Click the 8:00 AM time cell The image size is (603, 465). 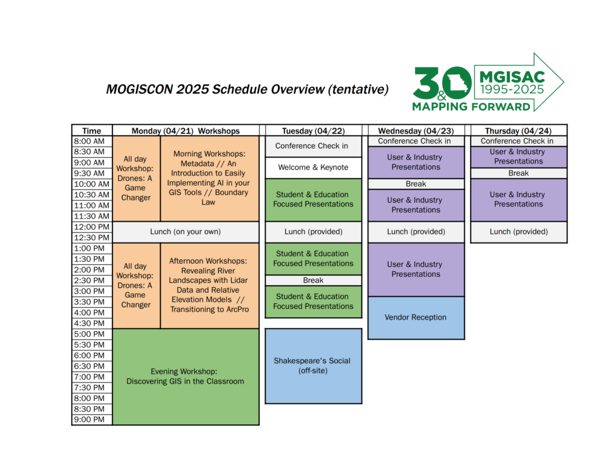click(92, 141)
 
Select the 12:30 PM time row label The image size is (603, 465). click(92, 238)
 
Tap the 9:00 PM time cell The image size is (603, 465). click(92, 420)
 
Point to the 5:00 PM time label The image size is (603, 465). click(92, 334)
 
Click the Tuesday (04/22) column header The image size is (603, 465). click(313, 131)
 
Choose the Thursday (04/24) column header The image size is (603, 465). click(518, 131)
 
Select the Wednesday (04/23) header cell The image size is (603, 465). click(416, 131)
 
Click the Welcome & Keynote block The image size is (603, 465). click(313, 168)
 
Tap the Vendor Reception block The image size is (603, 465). click(416, 318)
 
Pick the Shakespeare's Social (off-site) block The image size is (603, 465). click(313, 366)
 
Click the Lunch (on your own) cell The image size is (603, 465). click(185, 232)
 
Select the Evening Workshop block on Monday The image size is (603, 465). click(185, 377)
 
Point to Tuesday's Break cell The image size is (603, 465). click(313, 281)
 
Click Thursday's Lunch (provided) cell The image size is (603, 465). click(519, 232)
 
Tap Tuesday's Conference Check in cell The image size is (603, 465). click(313, 147)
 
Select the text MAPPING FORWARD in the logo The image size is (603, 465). click(471, 107)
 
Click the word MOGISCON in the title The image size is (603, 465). click(139, 89)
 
